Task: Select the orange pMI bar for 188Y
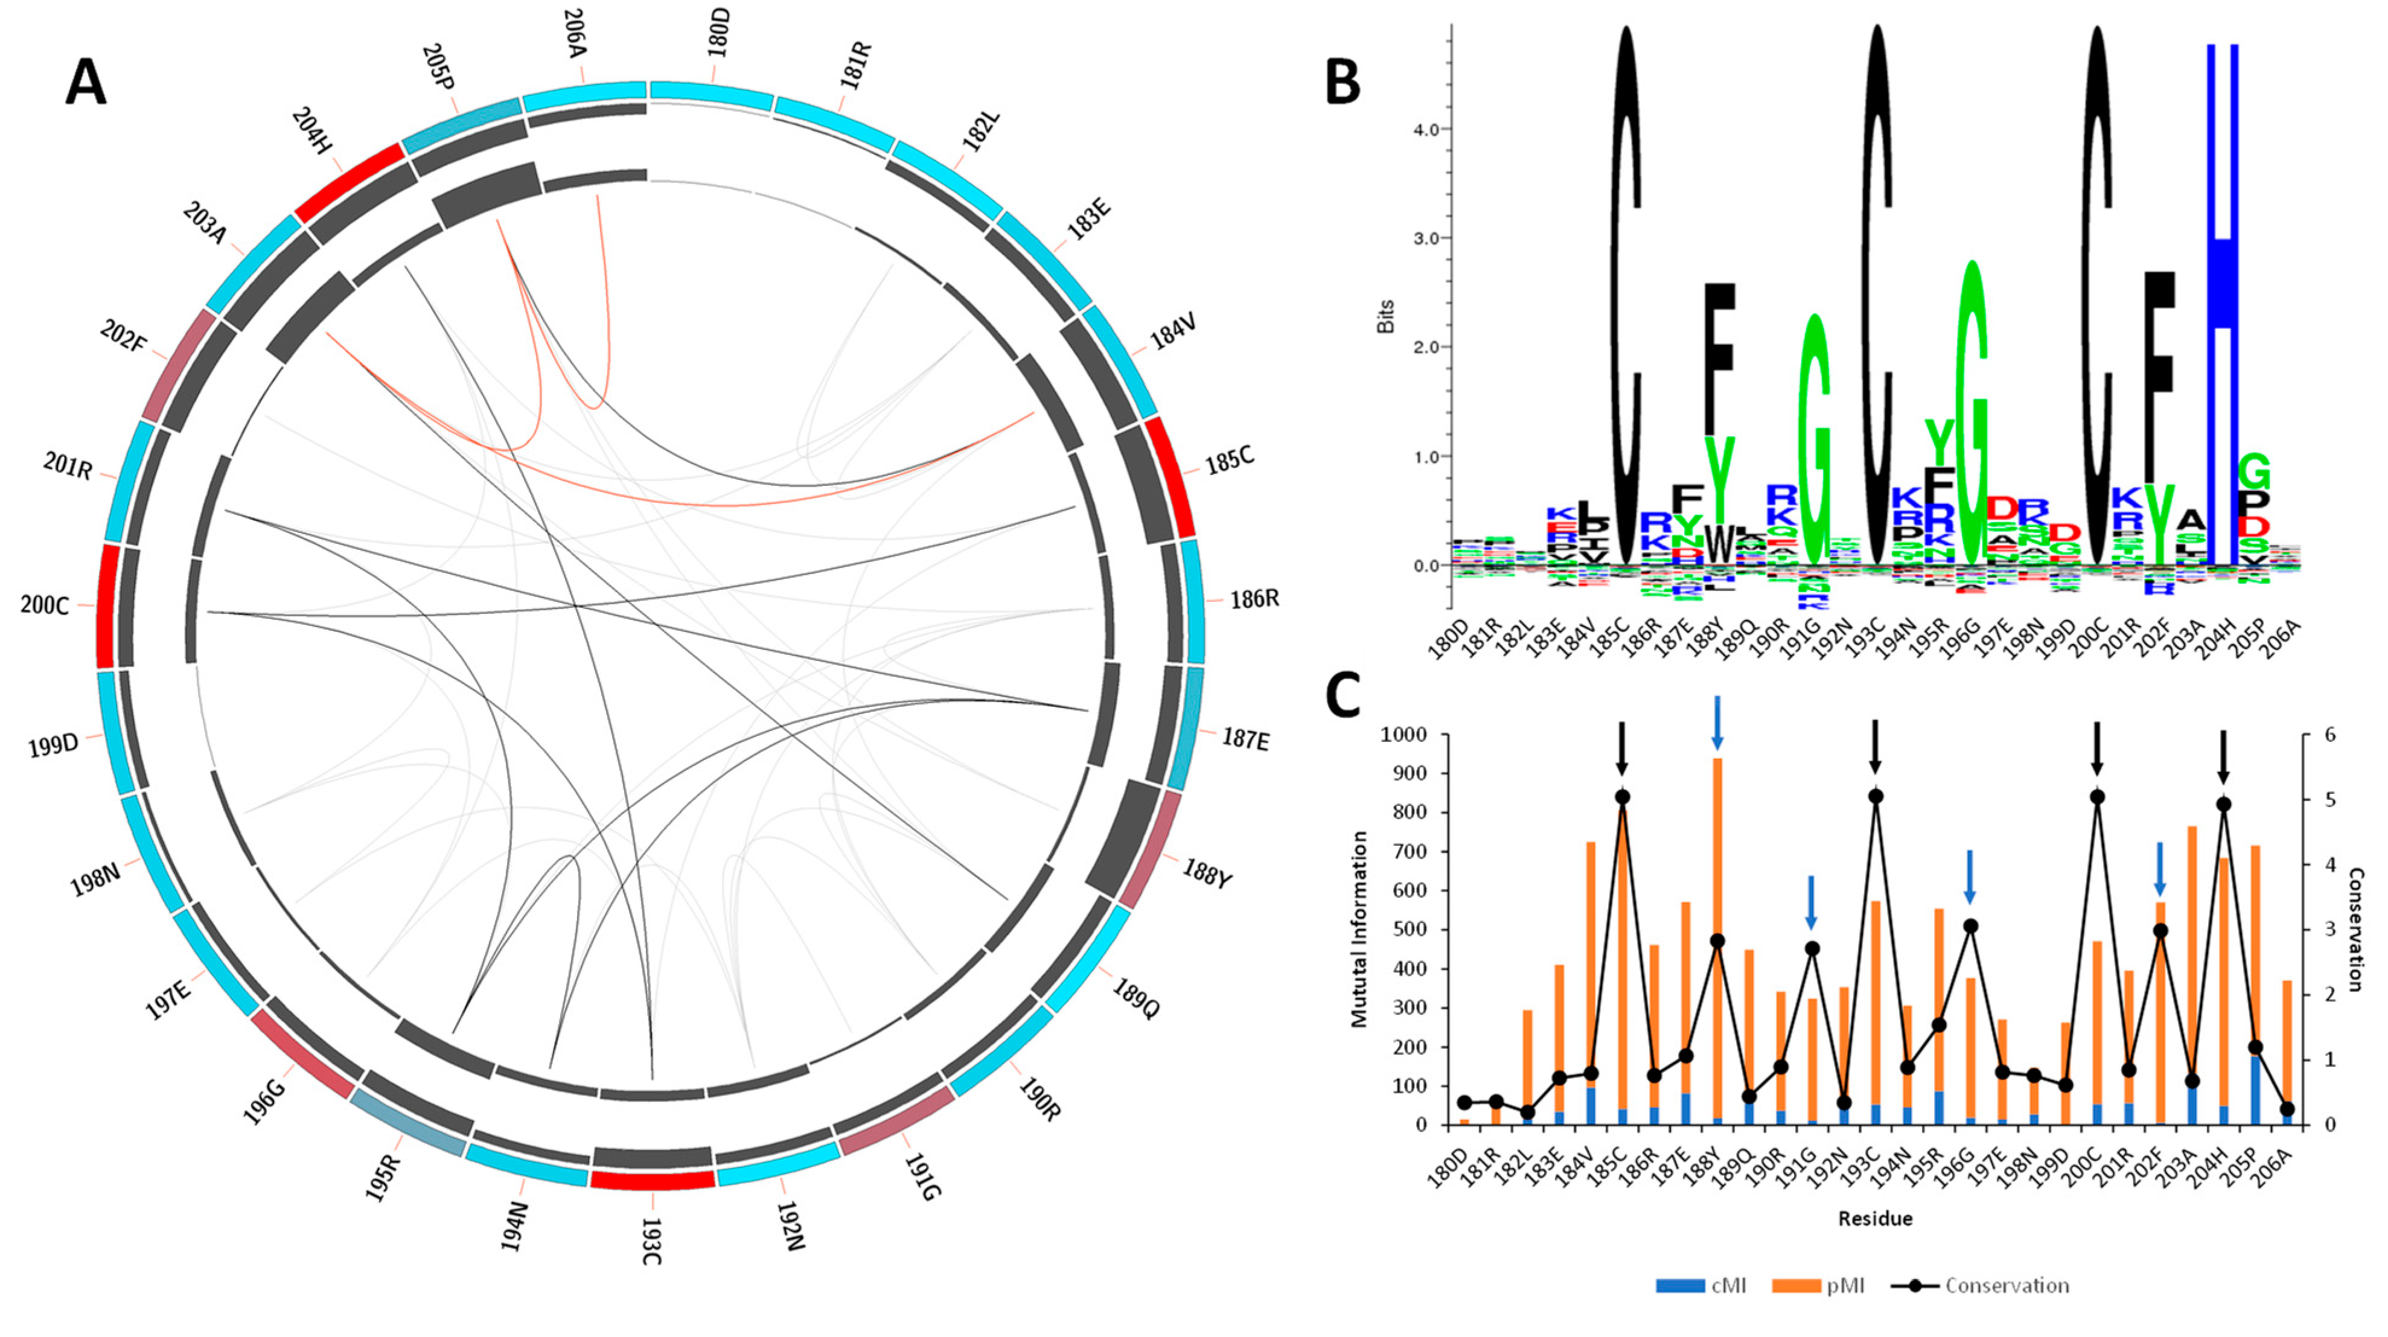tap(1717, 936)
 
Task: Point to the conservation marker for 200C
tap(2097, 796)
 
